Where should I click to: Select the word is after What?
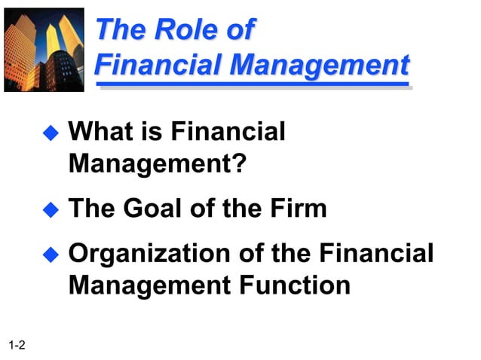point(152,132)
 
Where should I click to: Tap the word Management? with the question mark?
point(157,163)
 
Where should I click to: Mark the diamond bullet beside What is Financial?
point(50,134)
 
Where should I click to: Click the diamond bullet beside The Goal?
point(50,210)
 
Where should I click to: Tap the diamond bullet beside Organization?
point(50,255)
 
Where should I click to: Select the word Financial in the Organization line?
point(377,253)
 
